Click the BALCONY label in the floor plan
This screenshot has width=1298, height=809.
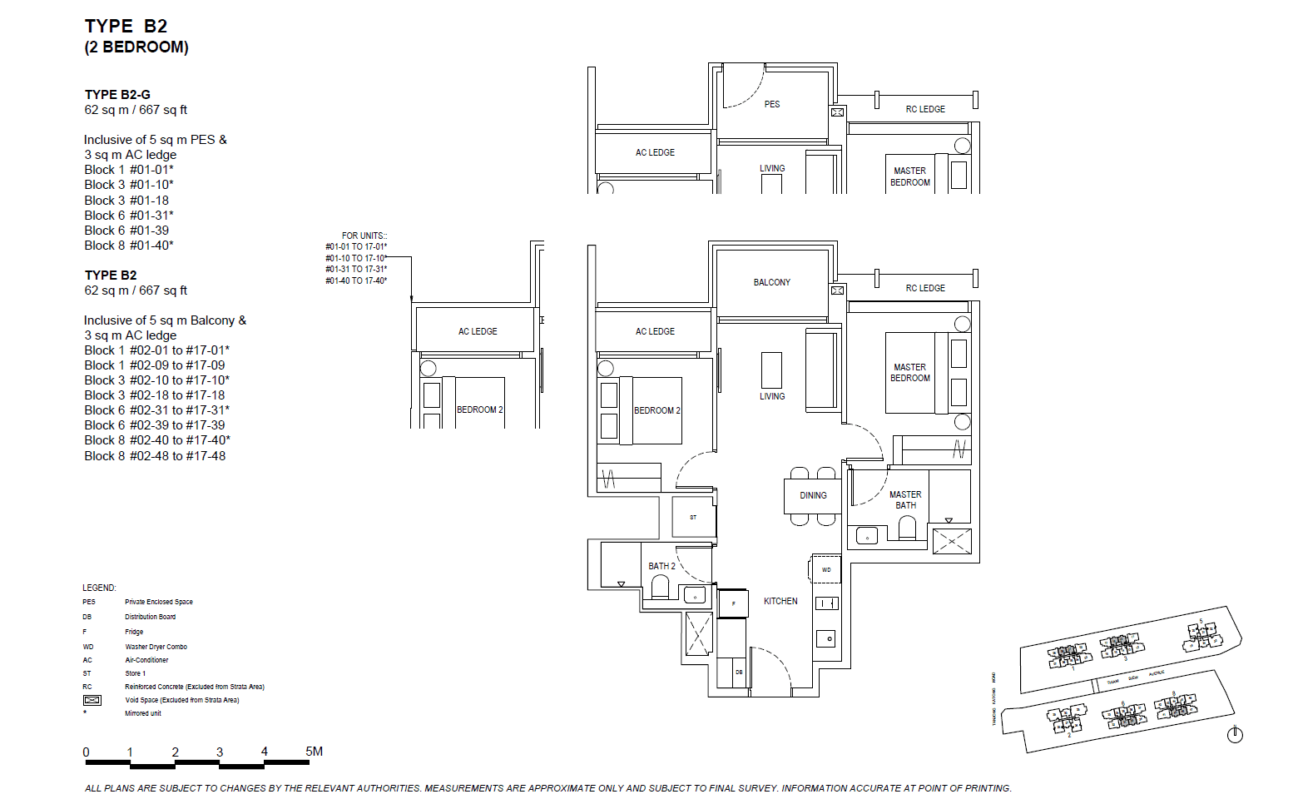[x=771, y=282]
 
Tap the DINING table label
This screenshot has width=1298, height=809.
[x=813, y=495]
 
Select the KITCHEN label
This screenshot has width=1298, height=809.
[x=780, y=601]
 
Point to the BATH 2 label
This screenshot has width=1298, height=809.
[x=661, y=566]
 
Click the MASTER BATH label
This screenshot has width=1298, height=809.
[x=905, y=499]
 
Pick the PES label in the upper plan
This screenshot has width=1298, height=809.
[x=772, y=104]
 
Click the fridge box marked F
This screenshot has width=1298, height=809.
[x=733, y=603]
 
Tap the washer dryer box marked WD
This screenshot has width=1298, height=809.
[x=826, y=569]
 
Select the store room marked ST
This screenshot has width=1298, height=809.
[x=693, y=517]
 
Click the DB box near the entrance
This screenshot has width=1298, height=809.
[x=739, y=673]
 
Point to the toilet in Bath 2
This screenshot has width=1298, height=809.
[x=661, y=588]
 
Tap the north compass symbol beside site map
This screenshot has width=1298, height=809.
[x=1235, y=734]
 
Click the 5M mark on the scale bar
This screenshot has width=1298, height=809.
[x=314, y=752]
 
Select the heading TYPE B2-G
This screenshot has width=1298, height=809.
[x=117, y=95]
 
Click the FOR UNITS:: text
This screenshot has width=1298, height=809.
[x=364, y=236]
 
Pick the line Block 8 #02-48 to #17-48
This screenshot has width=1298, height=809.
[x=155, y=456]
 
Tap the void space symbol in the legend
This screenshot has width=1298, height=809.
[x=92, y=700]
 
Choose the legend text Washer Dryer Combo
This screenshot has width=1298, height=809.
[x=156, y=647]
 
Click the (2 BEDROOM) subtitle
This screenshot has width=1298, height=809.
[x=136, y=47]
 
